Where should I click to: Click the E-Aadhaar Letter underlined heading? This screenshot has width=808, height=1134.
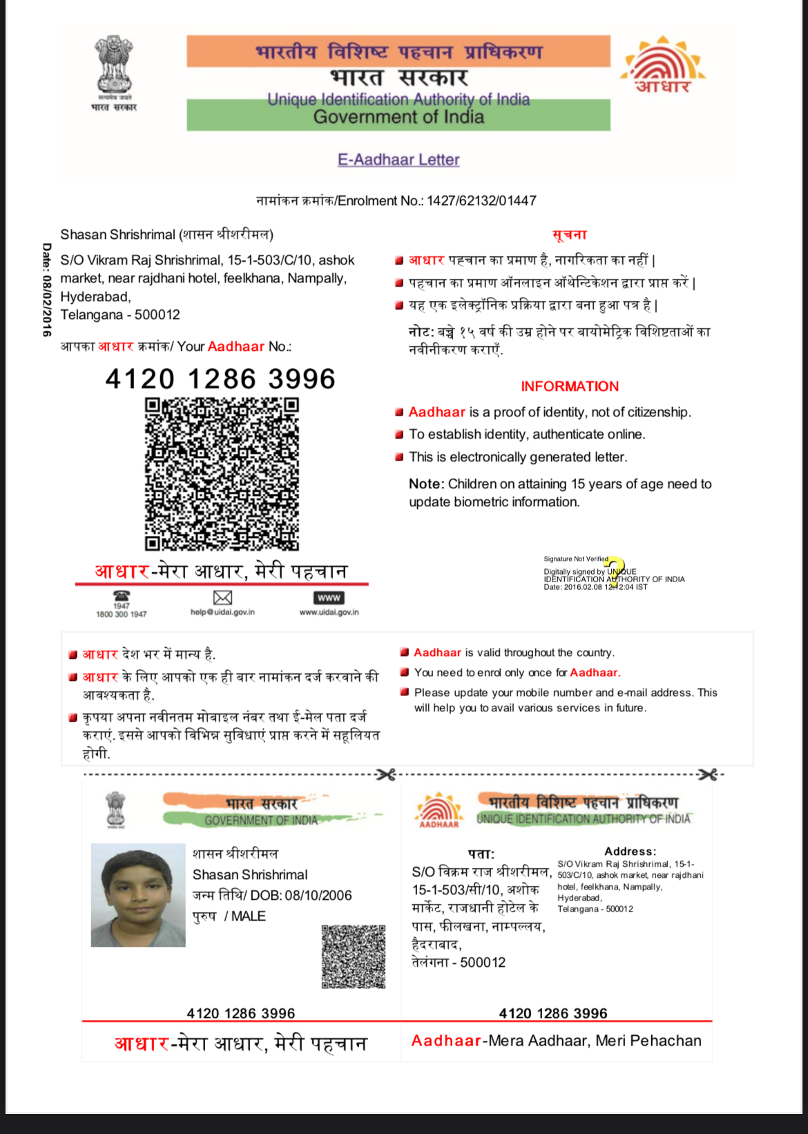[x=398, y=160]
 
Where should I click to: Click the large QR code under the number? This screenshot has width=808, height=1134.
[x=222, y=474]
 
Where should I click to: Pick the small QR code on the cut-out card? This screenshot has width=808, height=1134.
[x=353, y=957]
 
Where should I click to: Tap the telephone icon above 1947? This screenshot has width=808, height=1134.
[x=122, y=595]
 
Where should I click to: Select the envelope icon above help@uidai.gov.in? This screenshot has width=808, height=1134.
[x=222, y=597]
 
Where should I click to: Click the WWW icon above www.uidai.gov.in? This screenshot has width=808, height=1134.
[x=329, y=597]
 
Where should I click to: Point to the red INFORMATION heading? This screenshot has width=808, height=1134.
[x=570, y=386]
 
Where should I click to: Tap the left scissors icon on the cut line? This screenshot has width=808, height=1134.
[x=386, y=775]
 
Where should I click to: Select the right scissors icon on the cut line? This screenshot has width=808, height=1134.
[x=708, y=775]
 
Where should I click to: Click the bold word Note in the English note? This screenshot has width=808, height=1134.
[x=425, y=484]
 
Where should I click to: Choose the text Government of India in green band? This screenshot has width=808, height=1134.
[x=398, y=117]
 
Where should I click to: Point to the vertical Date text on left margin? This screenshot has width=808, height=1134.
[x=46, y=290]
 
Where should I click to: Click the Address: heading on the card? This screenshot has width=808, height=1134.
[x=630, y=852]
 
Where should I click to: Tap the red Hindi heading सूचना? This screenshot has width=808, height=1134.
[x=570, y=235]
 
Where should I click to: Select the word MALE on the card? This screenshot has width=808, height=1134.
[x=249, y=916]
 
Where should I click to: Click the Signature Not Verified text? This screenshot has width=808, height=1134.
[x=576, y=559]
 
